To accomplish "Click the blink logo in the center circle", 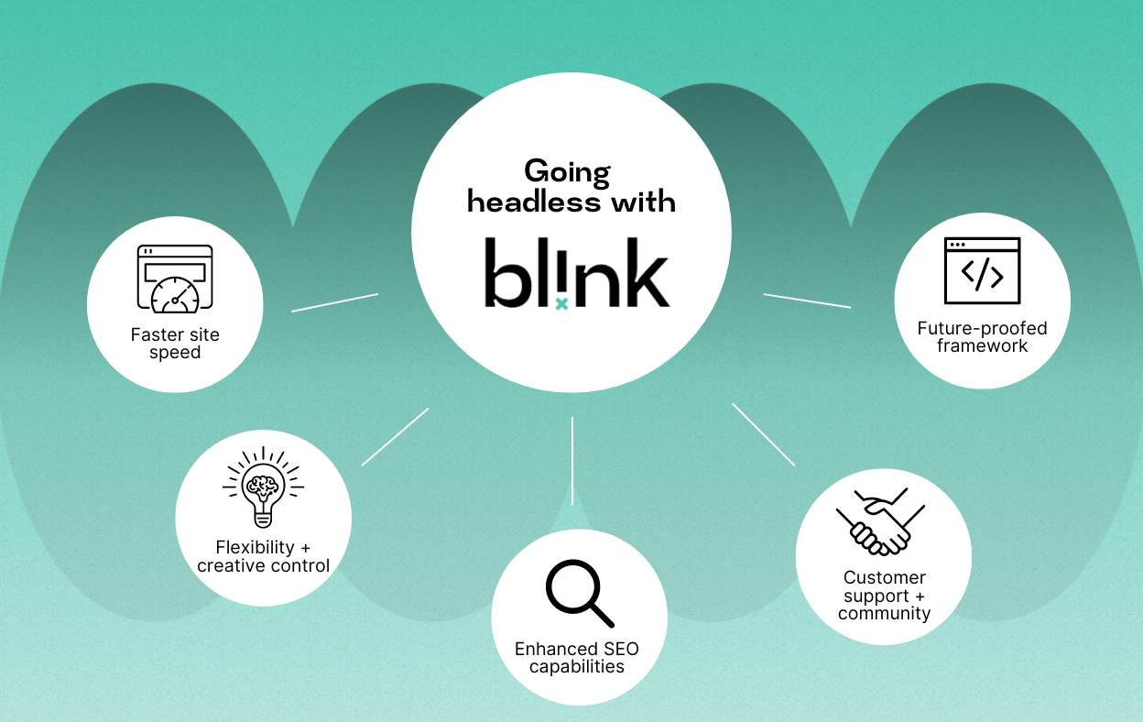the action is click(x=576, y=273).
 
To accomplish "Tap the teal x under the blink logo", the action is click(x=561, y=304).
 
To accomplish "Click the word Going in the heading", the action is click(x=568, y=172).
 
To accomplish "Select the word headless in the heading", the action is click(x=534, y=202).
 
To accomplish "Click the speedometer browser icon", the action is click(x=175, y=279).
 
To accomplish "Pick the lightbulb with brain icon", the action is click(x=263, y=487).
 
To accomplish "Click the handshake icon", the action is click(x=880, y=521).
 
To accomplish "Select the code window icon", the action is click(x=982, y=270).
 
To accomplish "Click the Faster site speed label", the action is click(x=175, y=344).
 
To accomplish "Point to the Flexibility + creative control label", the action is click(x=263, y=556).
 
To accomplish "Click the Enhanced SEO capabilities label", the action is click(x=577, y=658).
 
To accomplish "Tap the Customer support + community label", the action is click(x=885, y=596).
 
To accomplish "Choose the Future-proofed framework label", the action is click(x=982, y=337).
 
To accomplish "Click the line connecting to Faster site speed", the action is click(x=334, y=302).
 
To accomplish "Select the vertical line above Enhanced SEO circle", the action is click(x=572, y=461).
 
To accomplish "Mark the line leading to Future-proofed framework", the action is click(x=807, y=301).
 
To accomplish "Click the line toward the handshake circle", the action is click(x=763, y=434).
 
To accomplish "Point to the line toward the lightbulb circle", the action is click(x=396, y=436).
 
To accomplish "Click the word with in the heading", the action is click(x=644, y=202).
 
